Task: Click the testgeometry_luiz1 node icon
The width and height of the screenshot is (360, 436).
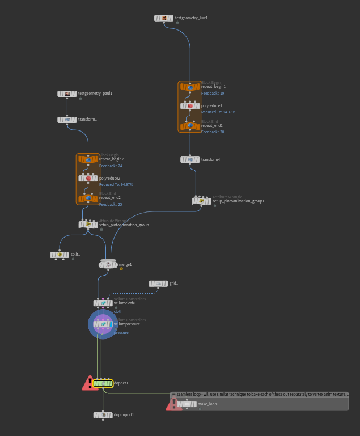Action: (164, 18)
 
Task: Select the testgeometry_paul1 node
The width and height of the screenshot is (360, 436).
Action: (67, 94)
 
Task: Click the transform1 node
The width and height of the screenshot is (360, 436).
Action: (67, 120)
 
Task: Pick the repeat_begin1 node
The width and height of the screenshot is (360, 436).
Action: (190, 87)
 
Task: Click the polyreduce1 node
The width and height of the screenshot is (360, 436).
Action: (190, 106)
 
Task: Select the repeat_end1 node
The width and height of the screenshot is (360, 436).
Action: (190, 126)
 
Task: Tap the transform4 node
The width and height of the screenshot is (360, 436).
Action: (190, 159)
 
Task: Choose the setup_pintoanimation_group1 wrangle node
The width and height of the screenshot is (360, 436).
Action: (201, 201)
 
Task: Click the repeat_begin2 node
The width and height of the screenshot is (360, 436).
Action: (88, 159)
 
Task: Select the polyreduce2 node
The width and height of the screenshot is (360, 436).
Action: (88, 179)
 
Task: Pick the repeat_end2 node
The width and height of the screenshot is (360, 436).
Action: (88, 198)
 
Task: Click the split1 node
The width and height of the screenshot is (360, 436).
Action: (60, 255)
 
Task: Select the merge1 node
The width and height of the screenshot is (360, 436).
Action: (108, 264)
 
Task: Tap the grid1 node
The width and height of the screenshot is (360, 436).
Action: (158, 283)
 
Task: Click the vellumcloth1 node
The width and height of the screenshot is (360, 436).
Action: (103, 303)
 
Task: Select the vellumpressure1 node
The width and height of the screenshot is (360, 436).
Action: (103, 324)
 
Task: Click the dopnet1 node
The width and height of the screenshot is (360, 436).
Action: (103, 383)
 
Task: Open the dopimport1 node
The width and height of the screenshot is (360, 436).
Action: (103, 415)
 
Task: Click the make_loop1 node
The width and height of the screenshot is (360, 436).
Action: (187, 404)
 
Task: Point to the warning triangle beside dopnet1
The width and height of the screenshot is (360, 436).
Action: (90, 383)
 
